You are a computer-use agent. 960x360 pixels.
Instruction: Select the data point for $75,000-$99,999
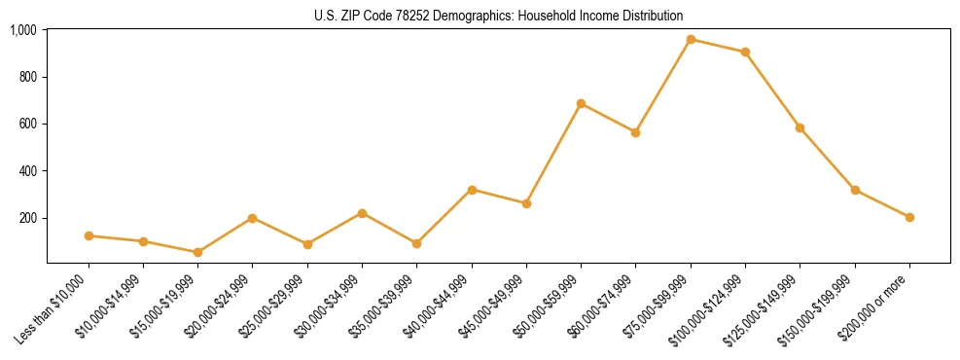point(691,40)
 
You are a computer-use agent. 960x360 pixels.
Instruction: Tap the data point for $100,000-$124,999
point(745,53)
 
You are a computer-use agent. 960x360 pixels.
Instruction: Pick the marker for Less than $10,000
point(89,235)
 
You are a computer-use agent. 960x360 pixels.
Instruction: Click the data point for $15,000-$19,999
point(197,252)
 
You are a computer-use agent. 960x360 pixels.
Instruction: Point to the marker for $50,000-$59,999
point(581,103)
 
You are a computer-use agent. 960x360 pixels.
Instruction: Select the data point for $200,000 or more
point(909,217)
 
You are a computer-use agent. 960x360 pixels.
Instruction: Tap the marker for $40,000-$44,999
point(472,190)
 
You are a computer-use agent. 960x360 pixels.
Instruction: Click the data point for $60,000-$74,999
point(635,132)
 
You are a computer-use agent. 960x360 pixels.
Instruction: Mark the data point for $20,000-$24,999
point(252,218)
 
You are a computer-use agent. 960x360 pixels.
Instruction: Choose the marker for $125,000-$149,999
point(800,127)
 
